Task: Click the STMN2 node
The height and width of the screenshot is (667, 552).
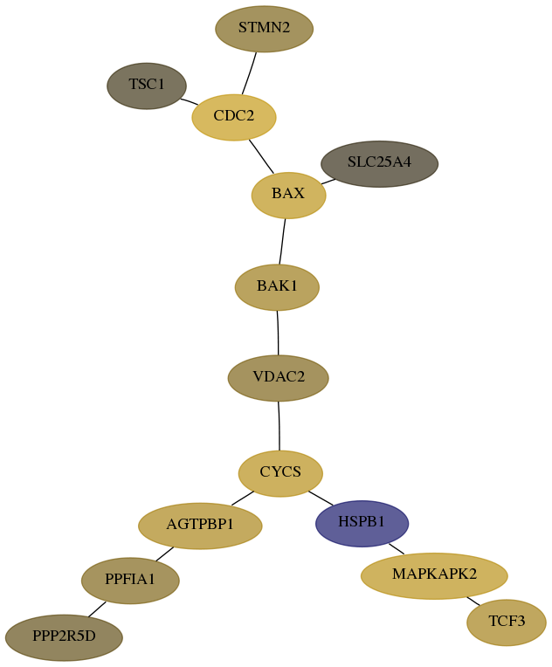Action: click(x=265, y=29)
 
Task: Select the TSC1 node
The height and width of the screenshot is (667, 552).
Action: click(x=147, y=86)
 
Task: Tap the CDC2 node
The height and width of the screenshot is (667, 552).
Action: click(x=234, y=117)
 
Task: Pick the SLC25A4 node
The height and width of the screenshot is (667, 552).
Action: click(x=380, y=164)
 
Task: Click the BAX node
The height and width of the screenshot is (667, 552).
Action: click(x=288, y=196)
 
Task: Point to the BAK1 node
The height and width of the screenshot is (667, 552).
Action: click(x=277, y=287)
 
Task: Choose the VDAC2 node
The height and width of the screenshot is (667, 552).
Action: click(x=279, y=378)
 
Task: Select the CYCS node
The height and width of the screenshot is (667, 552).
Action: click(x=280, y=473)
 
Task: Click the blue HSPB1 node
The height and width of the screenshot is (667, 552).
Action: click(x=362, y=523)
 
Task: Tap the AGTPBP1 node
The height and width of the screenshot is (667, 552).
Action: click(x=200, y=526)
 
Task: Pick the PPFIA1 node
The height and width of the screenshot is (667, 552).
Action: click(x=130, y=581)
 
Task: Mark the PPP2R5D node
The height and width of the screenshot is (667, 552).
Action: click(x=64, y=637)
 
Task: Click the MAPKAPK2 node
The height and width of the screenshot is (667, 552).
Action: click(x=434, y=576)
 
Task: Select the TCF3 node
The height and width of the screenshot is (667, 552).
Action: click(x=507, y=622)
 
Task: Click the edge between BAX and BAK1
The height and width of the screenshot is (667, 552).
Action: click(x=282, y=242)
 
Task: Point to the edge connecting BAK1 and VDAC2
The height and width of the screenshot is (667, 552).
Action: click(x=278, y=333)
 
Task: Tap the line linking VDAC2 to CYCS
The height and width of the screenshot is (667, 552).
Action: click(x=279, y=426)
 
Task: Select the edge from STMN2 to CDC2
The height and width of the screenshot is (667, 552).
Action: click(x=249, y=73)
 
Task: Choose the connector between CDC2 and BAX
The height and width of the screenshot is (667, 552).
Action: click(x=261, y=156)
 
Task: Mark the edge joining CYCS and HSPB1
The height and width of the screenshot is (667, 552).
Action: click(x=321, y=499)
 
